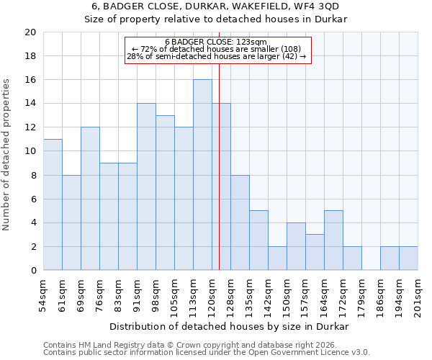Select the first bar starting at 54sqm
[53, 204]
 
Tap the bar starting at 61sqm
[71, 222]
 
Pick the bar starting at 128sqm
[240, 222]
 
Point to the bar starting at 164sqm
[333, 240]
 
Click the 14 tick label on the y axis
[30, 104]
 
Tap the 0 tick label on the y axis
[33, 271]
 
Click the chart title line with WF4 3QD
[216, 6]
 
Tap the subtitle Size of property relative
[216, 19]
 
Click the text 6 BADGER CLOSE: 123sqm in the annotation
[216, 42]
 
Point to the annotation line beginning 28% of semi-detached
[216, 56]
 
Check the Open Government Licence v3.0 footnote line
[206, 352]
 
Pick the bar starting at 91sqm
[146, 186]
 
